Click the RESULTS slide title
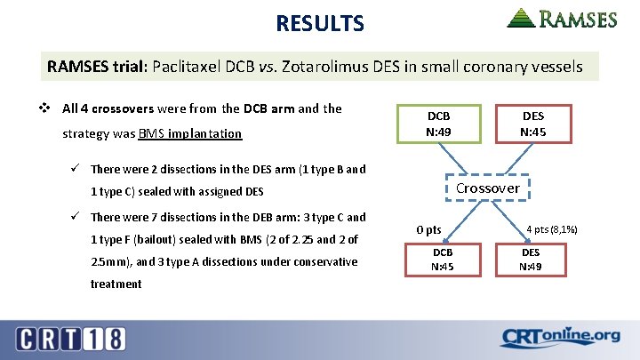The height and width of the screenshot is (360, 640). (x=319, y=23)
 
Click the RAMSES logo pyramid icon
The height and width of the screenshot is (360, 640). (x=522, y=18)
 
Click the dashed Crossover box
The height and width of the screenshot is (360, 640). (x=487, y=188)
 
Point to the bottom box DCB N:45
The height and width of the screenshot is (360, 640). (x=442, y=259)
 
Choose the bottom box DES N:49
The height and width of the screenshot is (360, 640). (x=532, y=259)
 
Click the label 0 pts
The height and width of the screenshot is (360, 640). (x=428, y=230)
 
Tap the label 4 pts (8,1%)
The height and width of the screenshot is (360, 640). (x=553, y=229)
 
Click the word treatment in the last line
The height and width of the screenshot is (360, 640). (x=116, y=284)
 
